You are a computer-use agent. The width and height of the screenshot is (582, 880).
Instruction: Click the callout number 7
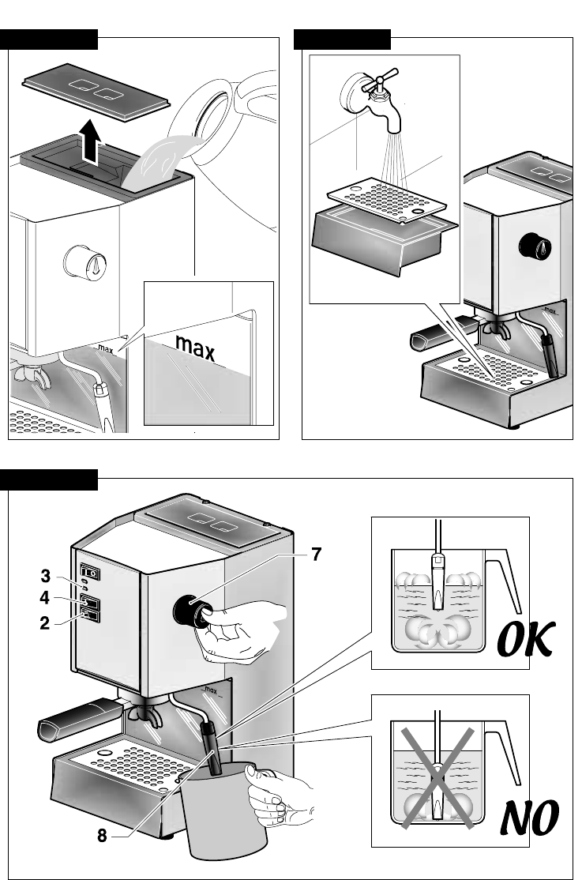point(316,555)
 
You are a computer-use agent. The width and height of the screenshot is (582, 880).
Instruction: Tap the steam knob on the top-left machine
point(81,260)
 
